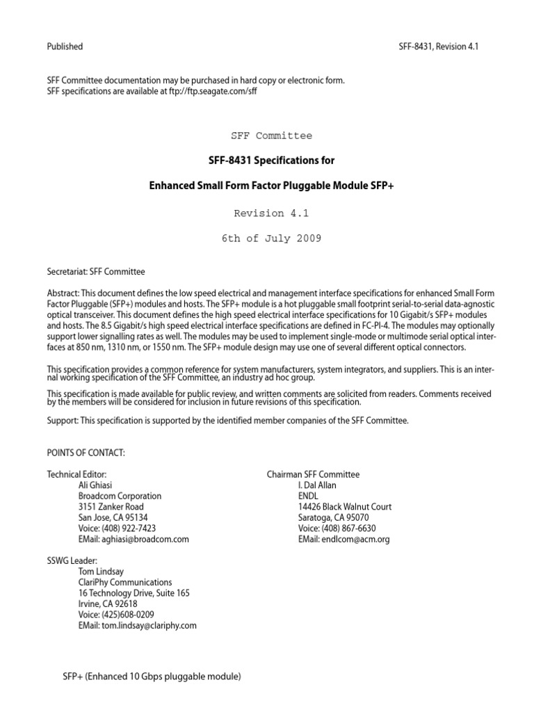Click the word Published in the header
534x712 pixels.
click(65, 47)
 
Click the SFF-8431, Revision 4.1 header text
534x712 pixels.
click(439, 47)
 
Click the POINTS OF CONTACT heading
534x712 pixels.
click(86, 453)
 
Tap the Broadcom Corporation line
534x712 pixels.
click(120, 496)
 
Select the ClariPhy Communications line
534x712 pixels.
click(126, 583)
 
